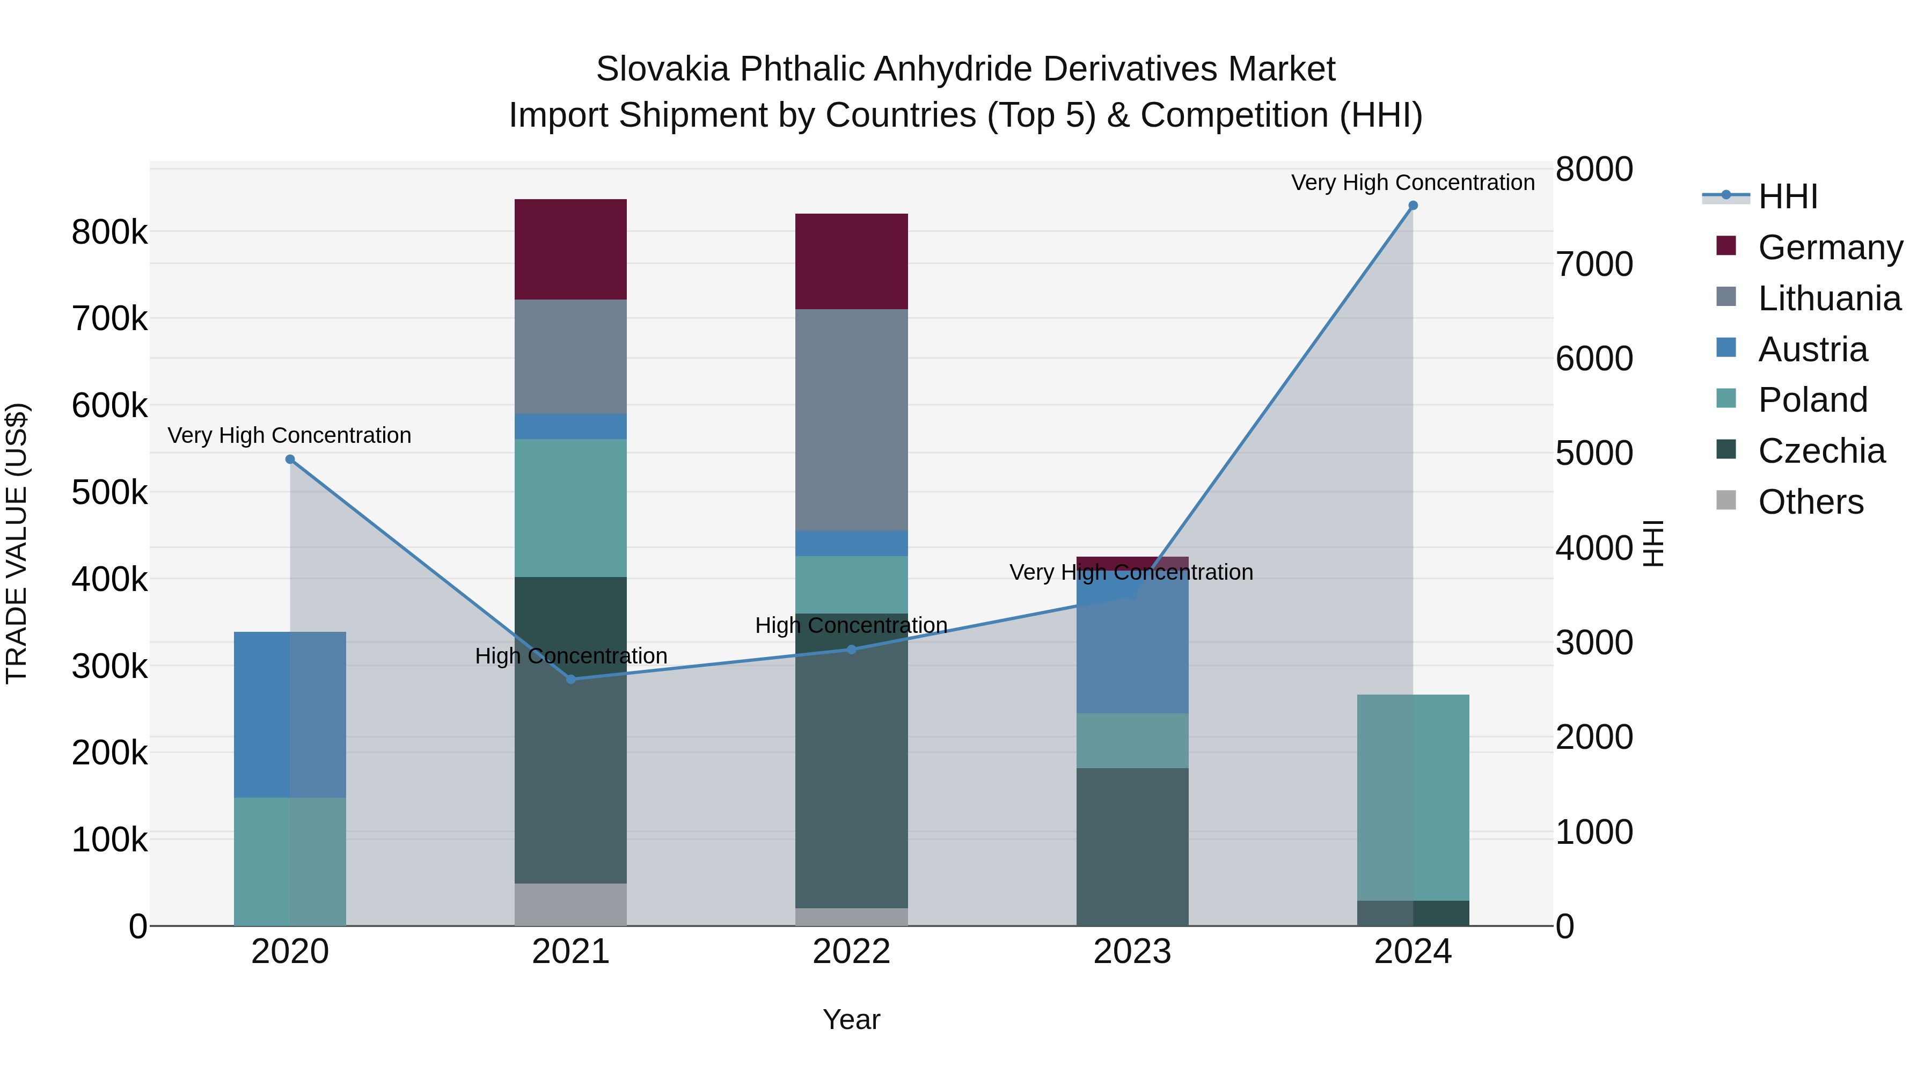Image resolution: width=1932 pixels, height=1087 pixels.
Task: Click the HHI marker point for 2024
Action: click(x=1413, y=206)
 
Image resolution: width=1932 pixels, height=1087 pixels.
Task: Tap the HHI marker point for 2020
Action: click(x=290, y=459)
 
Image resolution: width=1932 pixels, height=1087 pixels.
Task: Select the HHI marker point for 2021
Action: click(x=571, y=680)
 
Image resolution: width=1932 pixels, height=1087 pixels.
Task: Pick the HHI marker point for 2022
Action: click(x=851, y=650)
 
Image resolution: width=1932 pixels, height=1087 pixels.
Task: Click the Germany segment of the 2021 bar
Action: click(x=571, y=250)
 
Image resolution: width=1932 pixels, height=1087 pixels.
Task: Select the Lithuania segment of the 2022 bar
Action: click(x=851, y=420)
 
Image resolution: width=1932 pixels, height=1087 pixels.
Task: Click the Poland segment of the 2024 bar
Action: click(x=1413, y=798)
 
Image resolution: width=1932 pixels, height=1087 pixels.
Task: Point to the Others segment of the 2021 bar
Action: click(x=571, y=904)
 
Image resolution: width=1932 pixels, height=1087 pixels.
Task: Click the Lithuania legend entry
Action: click(x=1828, y=298)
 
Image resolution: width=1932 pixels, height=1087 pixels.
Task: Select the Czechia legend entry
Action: click(x=1821, y=451)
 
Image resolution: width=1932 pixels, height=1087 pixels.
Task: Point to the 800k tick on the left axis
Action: click(x=109, y=232)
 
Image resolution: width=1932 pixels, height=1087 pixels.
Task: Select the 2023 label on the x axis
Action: click(x=1132, y=952)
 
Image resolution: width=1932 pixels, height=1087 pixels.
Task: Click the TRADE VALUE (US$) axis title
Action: click(x=17, y=543)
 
